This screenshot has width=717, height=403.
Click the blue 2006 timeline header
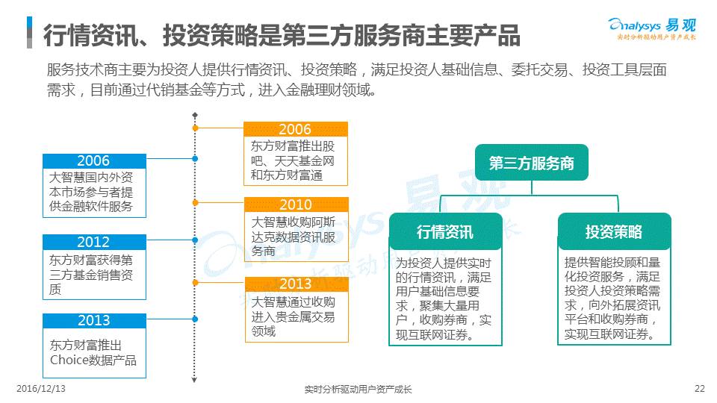pyautogui.click(x=93, y=160)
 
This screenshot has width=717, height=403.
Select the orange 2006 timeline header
pyautogui.click(x=296, y=129)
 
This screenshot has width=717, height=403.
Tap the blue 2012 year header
pyautogui.click(x=93, y=242)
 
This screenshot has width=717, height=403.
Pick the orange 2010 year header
pyautogui.click(x=296, y=204)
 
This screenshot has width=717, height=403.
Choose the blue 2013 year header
pyautogui.click(x=93, y=320)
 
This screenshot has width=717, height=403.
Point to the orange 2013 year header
pyautogui.click(x=296, y=284)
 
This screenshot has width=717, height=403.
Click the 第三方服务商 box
pyautogui.click(x=531, y=163)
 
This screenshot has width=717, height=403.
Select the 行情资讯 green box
pyautogui.click(x=444, y=232)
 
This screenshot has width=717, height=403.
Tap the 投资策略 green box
pyautogui.click(x=613, y=232)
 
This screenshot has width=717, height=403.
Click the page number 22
pyautogui.click(x=699, y=389)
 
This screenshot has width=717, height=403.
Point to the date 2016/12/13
pyautogui.click(x=41, y=389)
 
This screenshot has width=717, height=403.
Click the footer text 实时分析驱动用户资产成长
pyautogui.click(x=358, y=390)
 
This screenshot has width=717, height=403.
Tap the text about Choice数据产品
pyautogui.click(x=93, y=353)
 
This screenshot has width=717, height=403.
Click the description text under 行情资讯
pyautogui.click(x=444, y=299)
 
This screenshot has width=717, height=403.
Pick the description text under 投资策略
pyautogui.click(x=613, y=299)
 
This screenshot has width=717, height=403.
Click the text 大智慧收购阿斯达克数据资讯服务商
pyautogui.click(x=296, y=237)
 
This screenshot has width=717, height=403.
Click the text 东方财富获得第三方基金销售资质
pyautogui.click(x=93, y=274)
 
